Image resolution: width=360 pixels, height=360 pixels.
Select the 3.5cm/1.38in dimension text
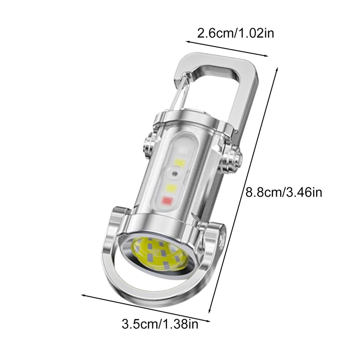pyautogui.click(x=160, y=325)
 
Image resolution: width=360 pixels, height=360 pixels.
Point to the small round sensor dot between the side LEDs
pyautogui.click(x=175, y=174)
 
